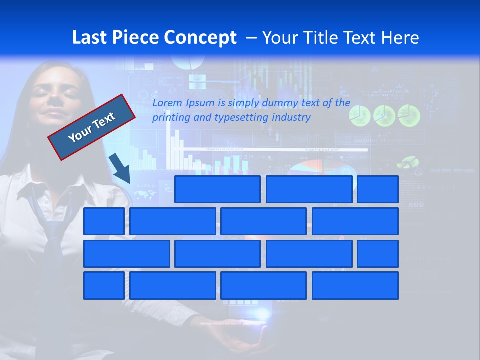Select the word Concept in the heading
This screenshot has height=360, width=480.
click(203, 38)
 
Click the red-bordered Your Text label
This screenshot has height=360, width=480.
click(92, 127)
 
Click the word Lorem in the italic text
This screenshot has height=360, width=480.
click(167, 103)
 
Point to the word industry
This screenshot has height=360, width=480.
click(291, 118)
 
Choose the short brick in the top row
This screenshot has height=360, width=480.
click(378, 189)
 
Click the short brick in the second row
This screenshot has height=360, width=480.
click(104, 221)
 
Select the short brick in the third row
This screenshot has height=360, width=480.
click(378, 254)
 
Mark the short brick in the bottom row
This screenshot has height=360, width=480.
click(104, 286)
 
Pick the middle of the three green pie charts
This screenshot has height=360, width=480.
click(384, 116)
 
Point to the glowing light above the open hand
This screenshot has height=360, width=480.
click(262, 314)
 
